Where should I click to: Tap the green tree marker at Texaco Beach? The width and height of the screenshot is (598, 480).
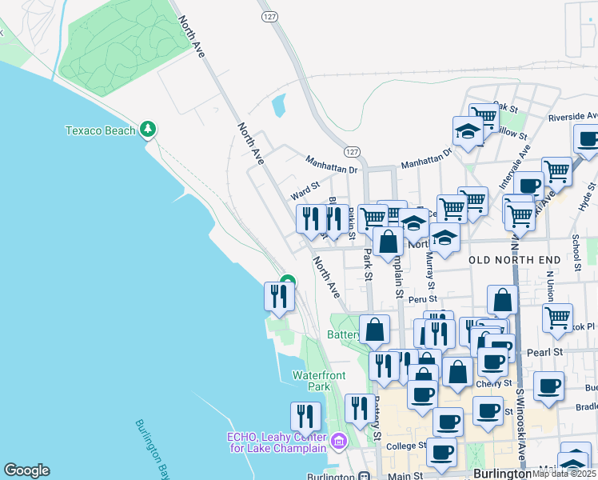(x=147, y=129)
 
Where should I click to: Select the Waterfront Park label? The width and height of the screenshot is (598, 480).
(x=311, y=380)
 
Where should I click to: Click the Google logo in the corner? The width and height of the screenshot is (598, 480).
(x=26, y=470)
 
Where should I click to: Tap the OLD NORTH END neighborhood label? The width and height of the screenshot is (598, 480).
(x=511, y=260)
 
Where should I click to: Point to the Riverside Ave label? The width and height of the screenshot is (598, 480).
(x=572, y=116)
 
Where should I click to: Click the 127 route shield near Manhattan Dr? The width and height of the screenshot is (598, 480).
(x=352, y=151)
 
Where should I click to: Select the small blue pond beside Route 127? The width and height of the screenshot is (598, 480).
(x=279, y=105)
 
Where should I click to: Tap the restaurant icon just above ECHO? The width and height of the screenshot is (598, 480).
(x=305, y=416)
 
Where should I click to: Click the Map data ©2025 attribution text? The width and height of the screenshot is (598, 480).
(x=564, y=474)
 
